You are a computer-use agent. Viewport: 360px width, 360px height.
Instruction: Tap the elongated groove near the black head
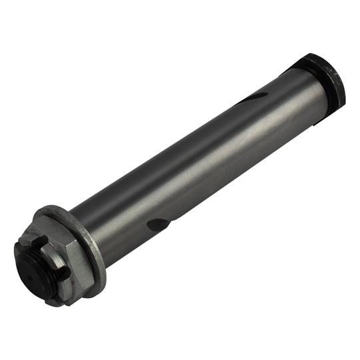point(256,97)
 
